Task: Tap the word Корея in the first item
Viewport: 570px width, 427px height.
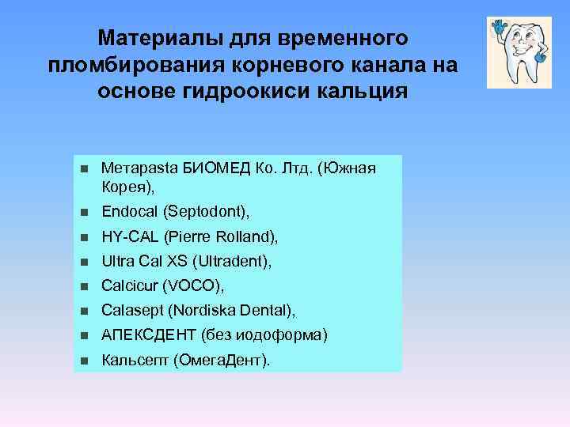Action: coord(124,187)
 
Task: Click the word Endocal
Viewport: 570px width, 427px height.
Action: coord(131,211)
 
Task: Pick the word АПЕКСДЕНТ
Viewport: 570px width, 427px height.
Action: coord(148,334)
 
